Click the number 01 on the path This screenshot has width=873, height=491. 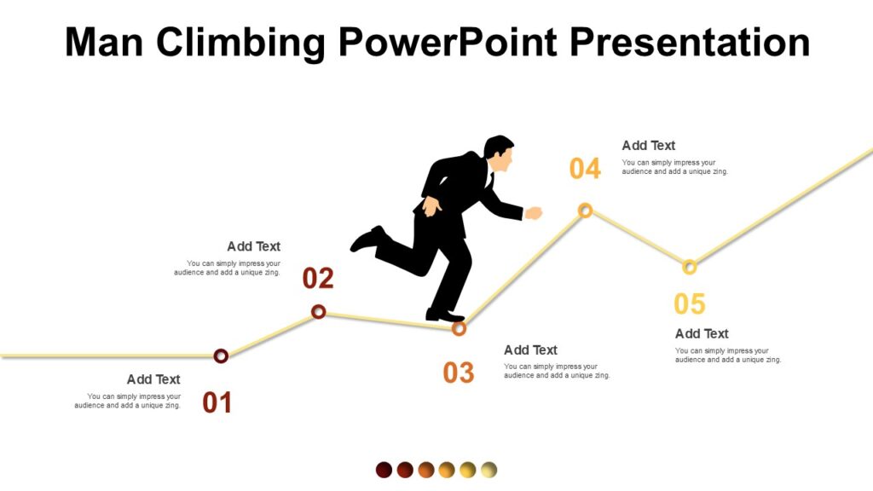[217, 402]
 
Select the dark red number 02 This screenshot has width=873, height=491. [318, 279]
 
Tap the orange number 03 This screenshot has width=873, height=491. [458, 373]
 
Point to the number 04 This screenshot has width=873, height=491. [585, 169]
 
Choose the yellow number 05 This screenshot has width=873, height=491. [690, 304]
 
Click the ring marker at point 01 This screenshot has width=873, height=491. [221, 355]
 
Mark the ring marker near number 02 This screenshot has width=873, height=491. [318, 312]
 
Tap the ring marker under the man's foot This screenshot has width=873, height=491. [459, 328]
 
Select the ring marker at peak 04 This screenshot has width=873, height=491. [585, 210]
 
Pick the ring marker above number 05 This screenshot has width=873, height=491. [690, 267]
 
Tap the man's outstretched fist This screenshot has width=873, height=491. [534, 212]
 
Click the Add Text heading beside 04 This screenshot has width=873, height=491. [648, 146]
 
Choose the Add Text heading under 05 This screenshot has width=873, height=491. [702, 333]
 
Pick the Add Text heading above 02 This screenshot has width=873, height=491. [253, 246]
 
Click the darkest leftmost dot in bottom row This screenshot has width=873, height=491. [384, 470]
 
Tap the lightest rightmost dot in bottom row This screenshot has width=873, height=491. [489, 470]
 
